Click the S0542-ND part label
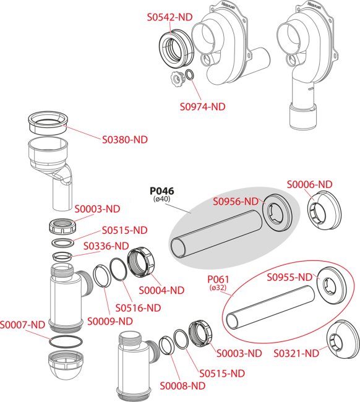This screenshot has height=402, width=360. coord(169,18)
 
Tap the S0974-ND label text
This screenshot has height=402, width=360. coord(202,106)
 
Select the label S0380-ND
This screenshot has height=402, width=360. coord(125,139)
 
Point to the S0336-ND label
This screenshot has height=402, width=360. coord(106,246)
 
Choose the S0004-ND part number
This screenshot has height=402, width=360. coord(161,289)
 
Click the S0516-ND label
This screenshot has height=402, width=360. coord(138,307)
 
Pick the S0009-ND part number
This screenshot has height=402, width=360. coord(109,320)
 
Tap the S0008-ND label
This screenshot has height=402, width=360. coord(182,386)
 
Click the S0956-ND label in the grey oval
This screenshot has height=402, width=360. coord(235,202)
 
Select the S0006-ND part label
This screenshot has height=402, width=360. coord(309,184)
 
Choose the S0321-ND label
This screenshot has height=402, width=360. coord(296,353)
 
